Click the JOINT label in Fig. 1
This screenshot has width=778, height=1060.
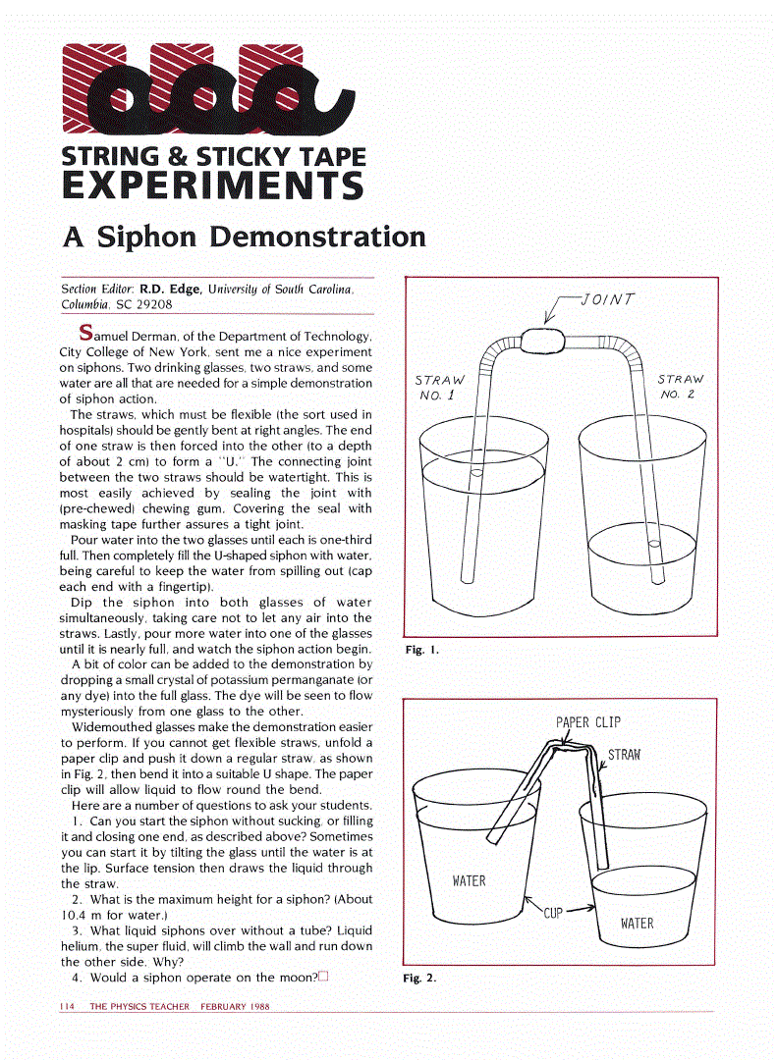click(x=608, y=299)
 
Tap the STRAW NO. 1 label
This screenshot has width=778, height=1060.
click(x=439, y=387)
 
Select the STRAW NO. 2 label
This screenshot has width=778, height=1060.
click(x=680, y=386)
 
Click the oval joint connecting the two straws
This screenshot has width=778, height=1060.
click(x=544, y=341)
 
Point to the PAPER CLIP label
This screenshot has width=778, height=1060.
click(x=588, y=722)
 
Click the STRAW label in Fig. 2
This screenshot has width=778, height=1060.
click(x=624, y=755)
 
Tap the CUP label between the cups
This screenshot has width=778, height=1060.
click(x=553, y=913)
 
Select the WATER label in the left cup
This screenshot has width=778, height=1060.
click(x=469, y=880)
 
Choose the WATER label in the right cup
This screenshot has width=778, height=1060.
click(x=637, y=923)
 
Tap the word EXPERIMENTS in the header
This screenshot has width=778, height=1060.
click(x=212, y=185)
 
